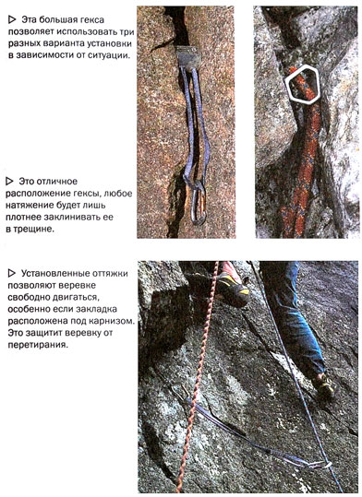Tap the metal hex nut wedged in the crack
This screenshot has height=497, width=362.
(188, 56)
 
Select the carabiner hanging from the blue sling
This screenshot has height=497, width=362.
(199, 205)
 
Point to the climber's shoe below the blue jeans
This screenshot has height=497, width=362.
(324, 385)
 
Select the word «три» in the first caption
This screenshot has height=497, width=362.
(127, 32)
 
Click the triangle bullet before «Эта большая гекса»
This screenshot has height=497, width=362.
(12, 20)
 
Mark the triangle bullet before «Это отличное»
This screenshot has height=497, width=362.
(9, 182)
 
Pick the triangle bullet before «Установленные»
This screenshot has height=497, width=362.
(12, 273)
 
